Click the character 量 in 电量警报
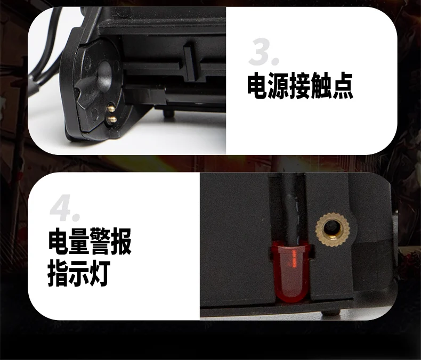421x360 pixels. pos(79,241)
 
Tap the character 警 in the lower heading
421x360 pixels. pos(100,241)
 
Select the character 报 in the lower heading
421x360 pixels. pos(121,241)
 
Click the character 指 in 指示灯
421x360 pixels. pos(58,273)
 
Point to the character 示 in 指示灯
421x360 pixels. pos(79,273)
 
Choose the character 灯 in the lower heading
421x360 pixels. pos(100,273)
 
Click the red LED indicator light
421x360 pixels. pos(290,271)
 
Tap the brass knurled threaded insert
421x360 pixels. pos(333,230)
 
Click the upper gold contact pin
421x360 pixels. pos(111,109)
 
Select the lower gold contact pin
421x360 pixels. pos(113,119)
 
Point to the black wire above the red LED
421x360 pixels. pos(292,207)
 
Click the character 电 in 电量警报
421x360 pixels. pos(58,241)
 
